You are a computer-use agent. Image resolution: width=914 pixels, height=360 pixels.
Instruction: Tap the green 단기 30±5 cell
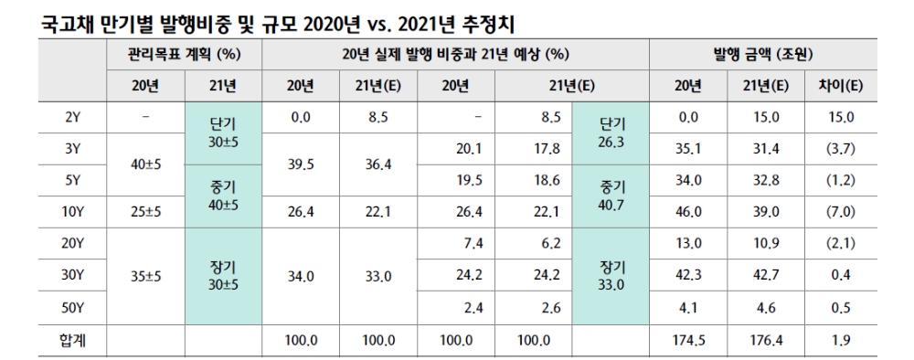tap(223, 134)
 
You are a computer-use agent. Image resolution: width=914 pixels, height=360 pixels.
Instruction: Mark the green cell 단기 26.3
tap(611, 134)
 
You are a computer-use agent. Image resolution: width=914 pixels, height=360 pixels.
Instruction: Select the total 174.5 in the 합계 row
tap(689, 341)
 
